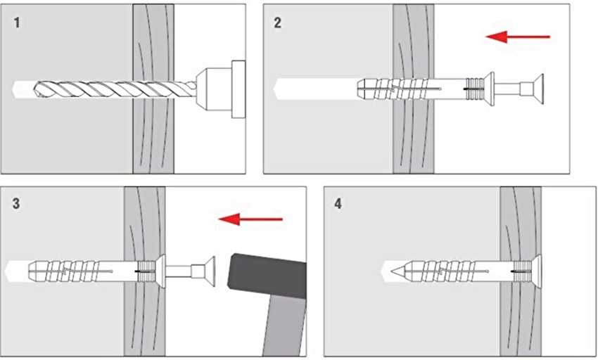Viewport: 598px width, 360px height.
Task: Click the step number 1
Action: [17, 23]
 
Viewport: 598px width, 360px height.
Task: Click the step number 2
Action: [277, 23]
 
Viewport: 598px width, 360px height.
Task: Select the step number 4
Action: [338, 205]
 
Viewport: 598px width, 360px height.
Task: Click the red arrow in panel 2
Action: [518, 36]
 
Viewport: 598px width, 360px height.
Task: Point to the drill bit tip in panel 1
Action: [18, 89]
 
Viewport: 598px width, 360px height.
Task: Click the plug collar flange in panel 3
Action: [161, 271]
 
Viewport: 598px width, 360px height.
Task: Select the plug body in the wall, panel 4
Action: [450, 270]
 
